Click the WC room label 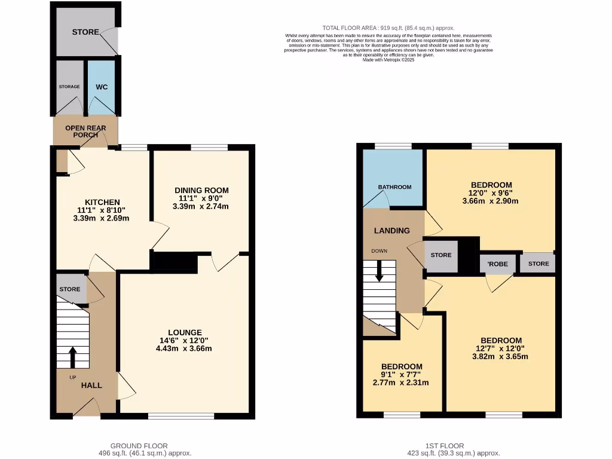[x=102, y=87]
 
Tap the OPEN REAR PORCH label [x=85, y=131]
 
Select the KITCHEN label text [x=102, y=202]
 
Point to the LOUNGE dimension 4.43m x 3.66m [x=184, y=348]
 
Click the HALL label [x=91, y=385]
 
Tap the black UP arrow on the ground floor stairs [x=73, y=357]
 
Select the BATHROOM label [x=394, y=187]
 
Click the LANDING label [x=391, y=231]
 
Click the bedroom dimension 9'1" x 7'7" [x=402, y=375]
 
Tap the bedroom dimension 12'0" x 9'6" [x=491, y=193]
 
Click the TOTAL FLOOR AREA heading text [x=388, y=28]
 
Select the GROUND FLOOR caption [x=139, y=445]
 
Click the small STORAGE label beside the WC [x=69, y=87]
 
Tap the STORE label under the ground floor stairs [x=70, y=289]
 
